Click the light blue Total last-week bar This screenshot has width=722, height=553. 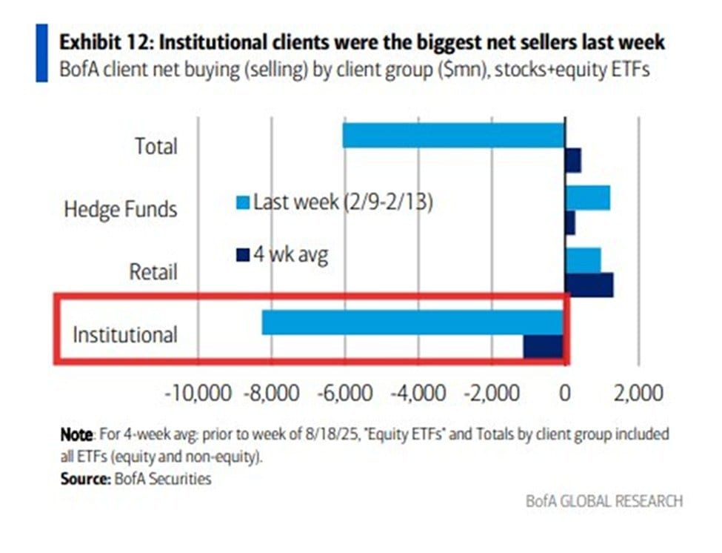453,136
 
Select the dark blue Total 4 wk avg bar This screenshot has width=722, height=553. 573,159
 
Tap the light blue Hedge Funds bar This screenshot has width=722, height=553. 588,198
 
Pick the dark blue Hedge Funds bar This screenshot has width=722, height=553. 570,222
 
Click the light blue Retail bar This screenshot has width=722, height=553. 583,260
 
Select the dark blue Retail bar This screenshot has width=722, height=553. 589,285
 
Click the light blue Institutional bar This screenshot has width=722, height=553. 413,322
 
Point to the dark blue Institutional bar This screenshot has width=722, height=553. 544,346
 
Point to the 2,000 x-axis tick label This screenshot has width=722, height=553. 639,391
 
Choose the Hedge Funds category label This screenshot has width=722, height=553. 120,209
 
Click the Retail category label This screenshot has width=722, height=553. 153,271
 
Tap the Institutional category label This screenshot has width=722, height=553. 124,334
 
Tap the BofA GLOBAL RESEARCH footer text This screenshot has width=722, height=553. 604,501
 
